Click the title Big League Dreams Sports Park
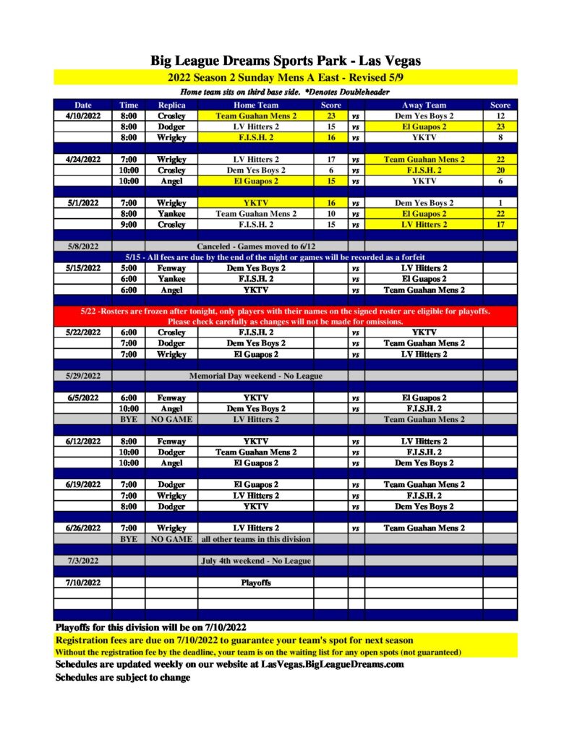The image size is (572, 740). point(286,61)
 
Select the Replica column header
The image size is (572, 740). point(172,105)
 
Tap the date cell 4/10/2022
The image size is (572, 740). point(82,116)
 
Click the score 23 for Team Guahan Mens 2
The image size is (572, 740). point(330,116)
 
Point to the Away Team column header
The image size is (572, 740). point(424,105)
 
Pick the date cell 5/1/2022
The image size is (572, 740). point(82,203)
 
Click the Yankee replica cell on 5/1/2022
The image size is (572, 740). point(172,214)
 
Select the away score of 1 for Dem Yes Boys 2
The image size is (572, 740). point(500,203)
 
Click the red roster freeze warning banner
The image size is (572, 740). point(286,316)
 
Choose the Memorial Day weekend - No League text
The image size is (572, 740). point(256,376)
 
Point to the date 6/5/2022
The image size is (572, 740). point(82,397)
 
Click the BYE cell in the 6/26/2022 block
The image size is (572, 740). point(129,539)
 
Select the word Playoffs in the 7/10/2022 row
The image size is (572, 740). point(256,582)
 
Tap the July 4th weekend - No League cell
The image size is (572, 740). point(256,561)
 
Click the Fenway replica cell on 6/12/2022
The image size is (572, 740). point(172,441)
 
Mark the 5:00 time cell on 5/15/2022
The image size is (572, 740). point(129,268)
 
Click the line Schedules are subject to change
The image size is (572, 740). point(123,678)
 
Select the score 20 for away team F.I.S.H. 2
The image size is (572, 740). point(500,170)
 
